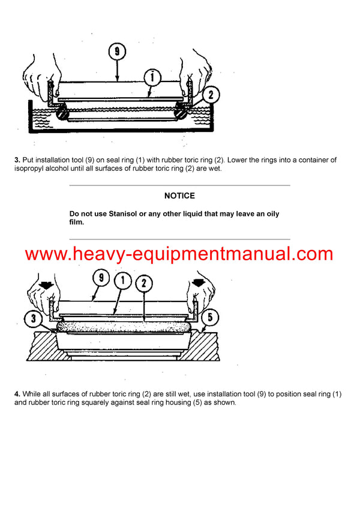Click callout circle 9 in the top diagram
(117, 52)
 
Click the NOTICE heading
(179, 195)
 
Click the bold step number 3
(17, 159)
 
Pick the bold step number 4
(17, 394)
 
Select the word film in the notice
(77, 222)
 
